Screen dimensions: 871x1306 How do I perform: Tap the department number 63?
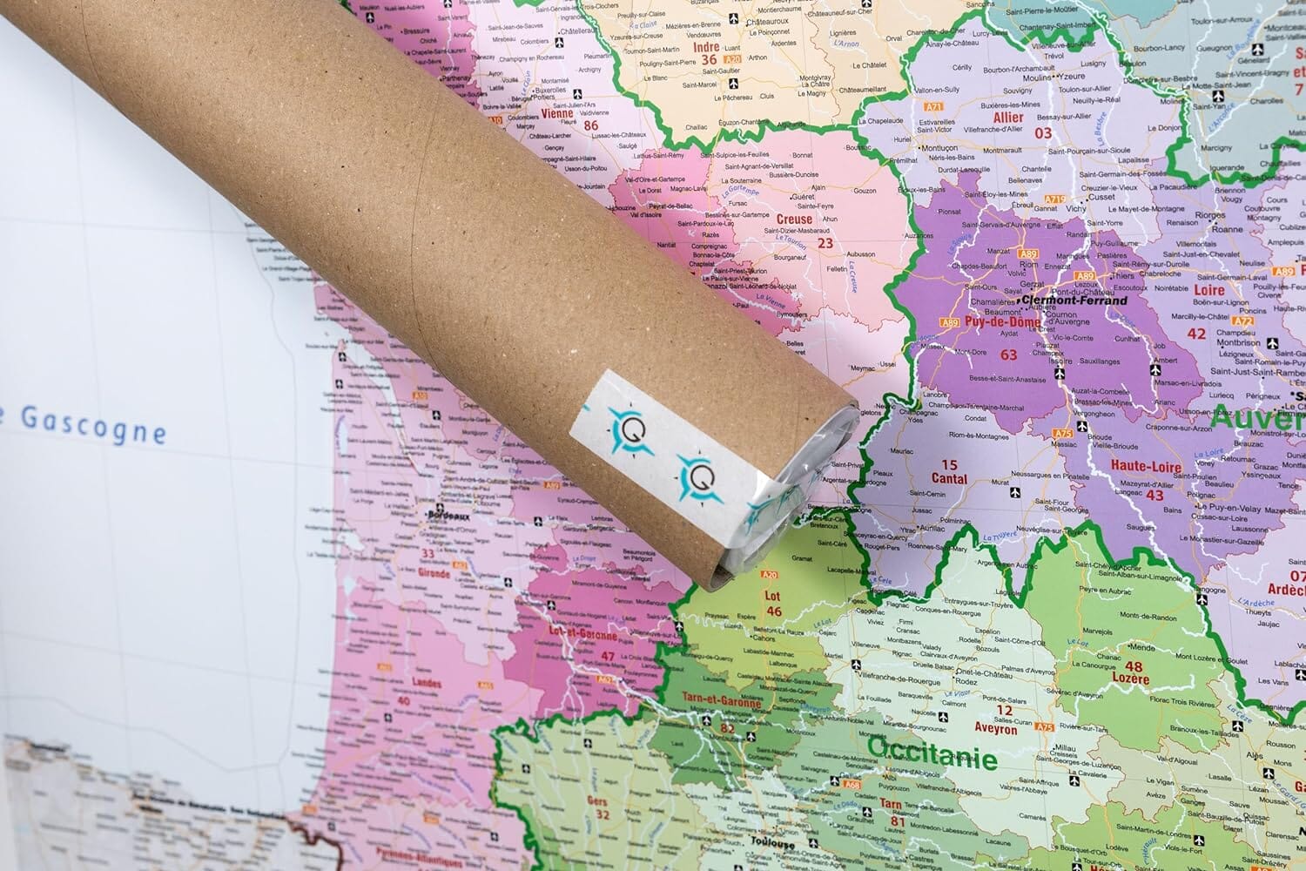click(1009, 354)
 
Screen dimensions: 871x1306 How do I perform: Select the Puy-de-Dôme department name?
click(1002, 322)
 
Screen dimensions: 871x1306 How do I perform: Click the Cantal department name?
click(949, 478)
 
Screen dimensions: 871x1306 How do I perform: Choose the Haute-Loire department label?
click(1146, 467)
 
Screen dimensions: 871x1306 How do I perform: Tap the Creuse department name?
click(794, 219)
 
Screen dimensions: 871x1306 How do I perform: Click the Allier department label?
click(1008, 117)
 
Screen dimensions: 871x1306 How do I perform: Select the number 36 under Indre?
click(710, 60)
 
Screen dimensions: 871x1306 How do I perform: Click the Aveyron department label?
click(996, 730)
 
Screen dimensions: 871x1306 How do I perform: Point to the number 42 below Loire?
click(1196, 334)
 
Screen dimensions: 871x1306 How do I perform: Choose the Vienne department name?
click(557, 113)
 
